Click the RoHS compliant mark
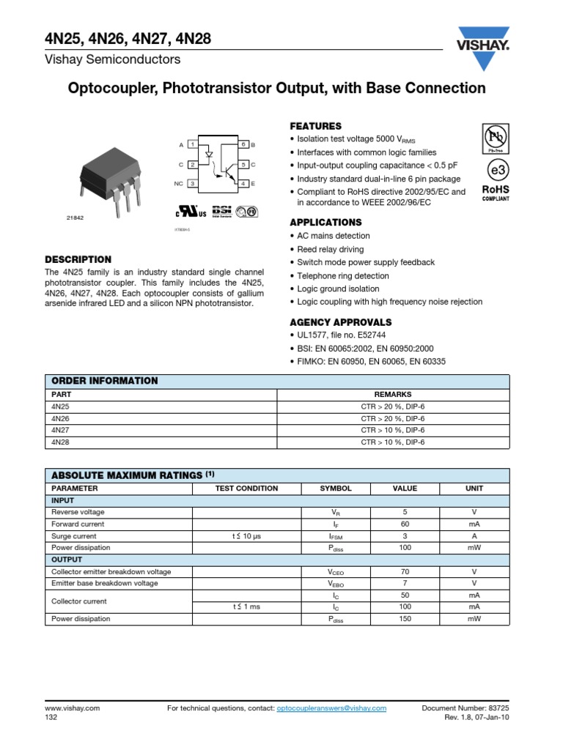496,193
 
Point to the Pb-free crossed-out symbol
496,138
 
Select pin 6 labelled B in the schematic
245,145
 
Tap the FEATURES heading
316,126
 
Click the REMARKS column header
393,393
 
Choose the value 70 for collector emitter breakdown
405,571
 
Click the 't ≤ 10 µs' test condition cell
246,536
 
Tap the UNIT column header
474,489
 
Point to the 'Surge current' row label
73,536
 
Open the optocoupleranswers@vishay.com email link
331,708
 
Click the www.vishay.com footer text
72,708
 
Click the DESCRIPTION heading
78,259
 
